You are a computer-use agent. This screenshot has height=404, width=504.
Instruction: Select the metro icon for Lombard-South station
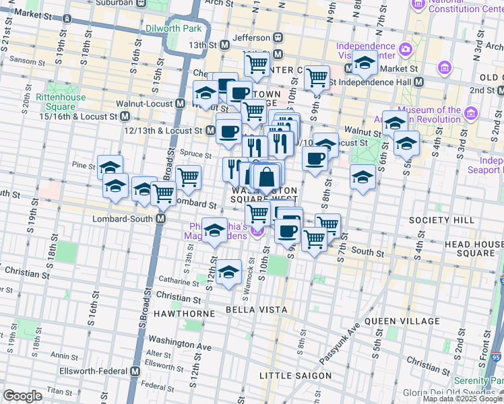tap(161, 219)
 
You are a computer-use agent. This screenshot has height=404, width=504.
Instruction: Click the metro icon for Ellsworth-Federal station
tap(135, 371)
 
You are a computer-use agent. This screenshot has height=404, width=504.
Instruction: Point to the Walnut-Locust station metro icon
tap(180, 104)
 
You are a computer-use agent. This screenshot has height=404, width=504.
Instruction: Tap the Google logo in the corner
tap(23, 396)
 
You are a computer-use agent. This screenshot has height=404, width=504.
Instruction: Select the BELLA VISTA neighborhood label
tap(257, 310)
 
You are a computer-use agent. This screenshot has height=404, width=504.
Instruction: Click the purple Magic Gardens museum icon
tap(257, 233)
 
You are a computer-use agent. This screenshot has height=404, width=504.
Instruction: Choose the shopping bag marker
tap(267, 177)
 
